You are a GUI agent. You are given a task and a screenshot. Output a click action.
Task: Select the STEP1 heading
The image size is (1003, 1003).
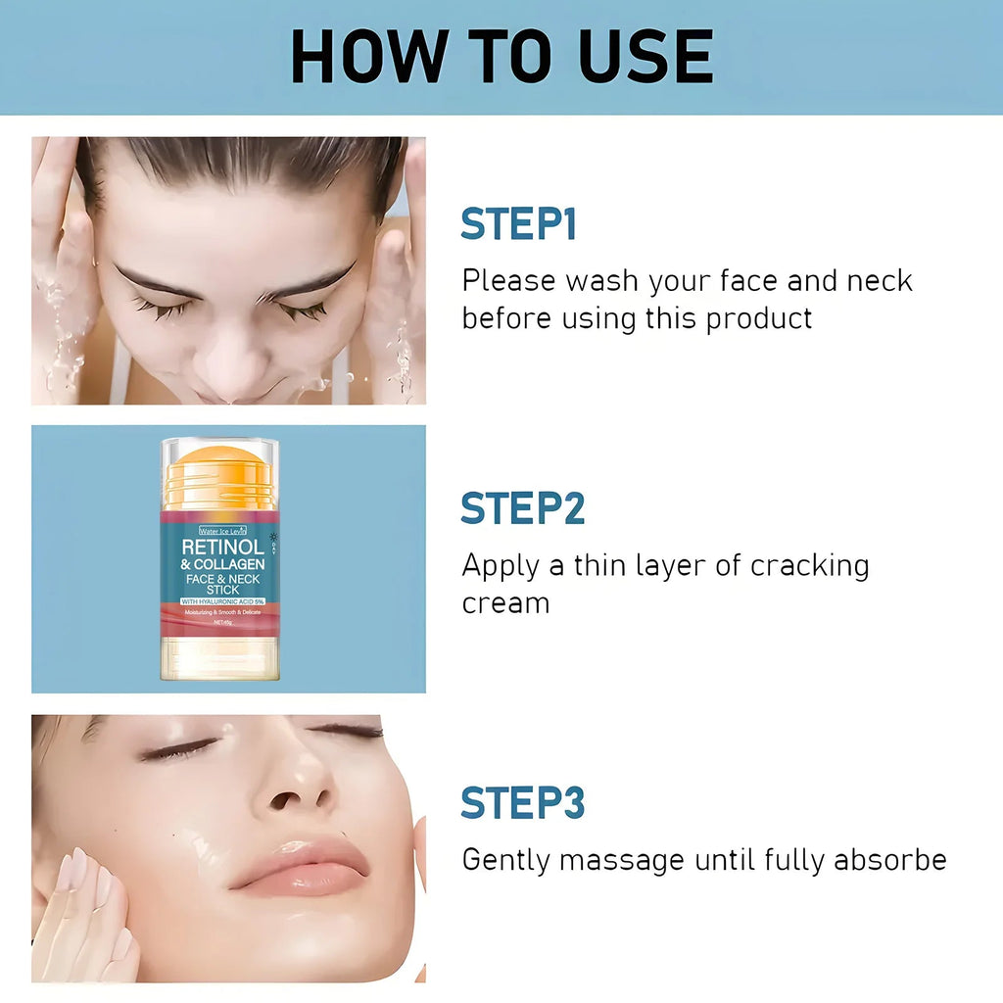tap(518, 224)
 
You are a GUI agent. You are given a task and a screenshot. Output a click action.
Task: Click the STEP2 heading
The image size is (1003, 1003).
tap(522, 508)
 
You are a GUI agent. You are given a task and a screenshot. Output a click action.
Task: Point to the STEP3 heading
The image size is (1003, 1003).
tap(522, 802)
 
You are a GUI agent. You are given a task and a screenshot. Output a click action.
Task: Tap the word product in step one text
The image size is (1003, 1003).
tap(759, 318)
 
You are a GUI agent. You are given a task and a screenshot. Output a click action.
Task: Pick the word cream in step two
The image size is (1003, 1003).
tap(505, 602)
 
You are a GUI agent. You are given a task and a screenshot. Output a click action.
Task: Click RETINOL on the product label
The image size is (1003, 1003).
tap(222, 547)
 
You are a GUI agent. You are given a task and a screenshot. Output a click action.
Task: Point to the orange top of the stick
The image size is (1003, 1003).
tap(219, 468)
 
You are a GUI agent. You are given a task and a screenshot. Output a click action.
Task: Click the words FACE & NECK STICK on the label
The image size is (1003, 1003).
tap(222, 584)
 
